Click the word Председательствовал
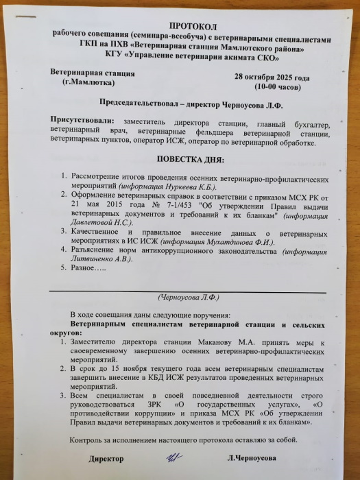[135, 107]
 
